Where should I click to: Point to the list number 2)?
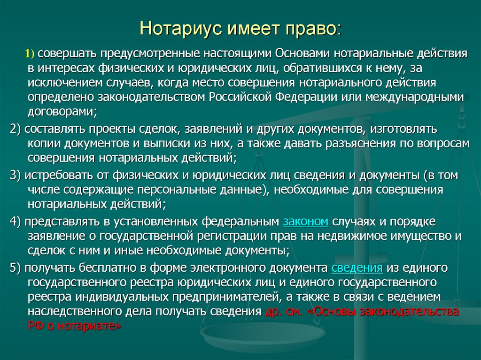[16, 129]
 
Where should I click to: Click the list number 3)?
[16, 175]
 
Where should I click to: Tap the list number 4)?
[16, 221]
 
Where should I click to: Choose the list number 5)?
[16, 268]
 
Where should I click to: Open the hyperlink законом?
[305, 221]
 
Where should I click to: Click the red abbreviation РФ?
[34, 327]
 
